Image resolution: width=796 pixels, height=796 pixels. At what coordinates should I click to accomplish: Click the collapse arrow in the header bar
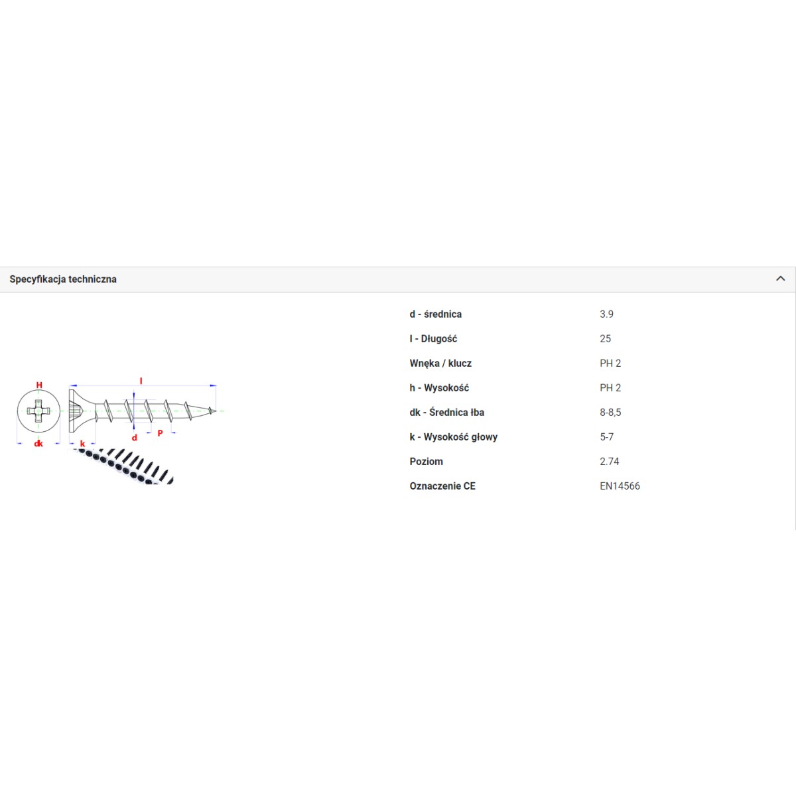(780, 279)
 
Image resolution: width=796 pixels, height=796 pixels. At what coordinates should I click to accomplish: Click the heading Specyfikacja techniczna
(63, 279)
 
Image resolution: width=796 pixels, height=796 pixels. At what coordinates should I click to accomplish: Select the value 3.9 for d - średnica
(606, 314)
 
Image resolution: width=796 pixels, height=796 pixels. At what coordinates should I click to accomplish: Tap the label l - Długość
(433, 339)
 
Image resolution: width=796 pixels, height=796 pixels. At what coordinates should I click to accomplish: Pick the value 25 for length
(605, 339)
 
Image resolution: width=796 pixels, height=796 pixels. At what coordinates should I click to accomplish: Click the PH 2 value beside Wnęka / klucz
(610, 364)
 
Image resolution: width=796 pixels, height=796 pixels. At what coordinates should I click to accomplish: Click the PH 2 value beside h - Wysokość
(610, 388)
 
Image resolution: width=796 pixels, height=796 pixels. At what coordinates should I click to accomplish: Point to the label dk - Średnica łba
(447, 412)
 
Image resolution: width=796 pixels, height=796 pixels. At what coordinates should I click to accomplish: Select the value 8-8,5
(610, 413)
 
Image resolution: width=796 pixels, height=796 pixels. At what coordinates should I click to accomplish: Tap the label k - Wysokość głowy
(454, 437)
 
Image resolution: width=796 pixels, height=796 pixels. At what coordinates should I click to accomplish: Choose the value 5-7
(606, 437)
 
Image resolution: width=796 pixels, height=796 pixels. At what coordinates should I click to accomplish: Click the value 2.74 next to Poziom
(610, 462)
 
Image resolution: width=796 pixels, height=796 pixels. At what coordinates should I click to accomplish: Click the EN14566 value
(620, 486)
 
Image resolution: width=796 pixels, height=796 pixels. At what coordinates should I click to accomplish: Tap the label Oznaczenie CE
(442, 486)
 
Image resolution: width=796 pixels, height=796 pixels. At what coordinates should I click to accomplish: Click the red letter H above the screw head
(39, 385)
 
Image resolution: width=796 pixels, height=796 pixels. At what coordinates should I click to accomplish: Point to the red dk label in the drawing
(38, 444)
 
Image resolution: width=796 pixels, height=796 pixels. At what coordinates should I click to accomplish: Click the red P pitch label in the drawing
(161, 433)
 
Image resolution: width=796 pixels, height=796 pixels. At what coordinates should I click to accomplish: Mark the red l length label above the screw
(141, 381)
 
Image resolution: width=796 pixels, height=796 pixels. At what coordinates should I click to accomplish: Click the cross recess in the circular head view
(38, 411)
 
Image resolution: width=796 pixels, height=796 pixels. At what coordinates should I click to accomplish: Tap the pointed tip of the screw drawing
(215, 411)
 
